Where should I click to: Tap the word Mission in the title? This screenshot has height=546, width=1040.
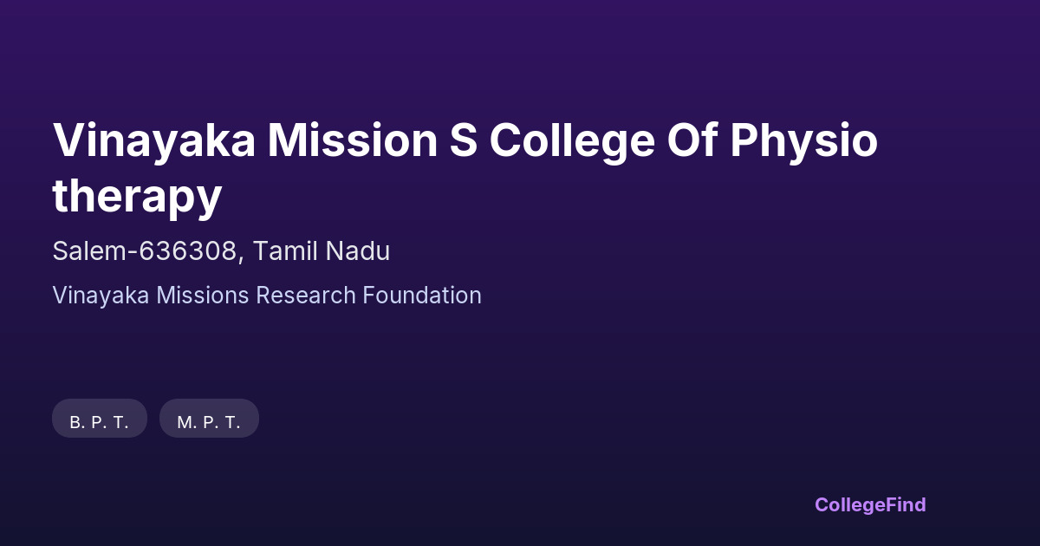pos(353,140)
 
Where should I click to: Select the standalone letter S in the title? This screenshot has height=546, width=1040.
pos(464,140)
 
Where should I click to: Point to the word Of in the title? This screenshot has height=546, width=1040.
pos(692,140)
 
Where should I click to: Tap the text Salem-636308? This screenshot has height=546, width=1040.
pos(145,251)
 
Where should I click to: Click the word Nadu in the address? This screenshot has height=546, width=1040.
pos(357,251)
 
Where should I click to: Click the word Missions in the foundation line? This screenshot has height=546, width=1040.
pos(203,296)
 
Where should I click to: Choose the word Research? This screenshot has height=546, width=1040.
pos(306,296)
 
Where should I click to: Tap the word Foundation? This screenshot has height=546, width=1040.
pos(422,296)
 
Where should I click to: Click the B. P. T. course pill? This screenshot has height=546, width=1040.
pos(100,419)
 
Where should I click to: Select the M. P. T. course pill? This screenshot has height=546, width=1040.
pos(209,419)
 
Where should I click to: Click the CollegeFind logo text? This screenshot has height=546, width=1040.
pos(870,505)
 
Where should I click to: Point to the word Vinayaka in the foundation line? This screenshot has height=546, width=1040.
pos(101,296)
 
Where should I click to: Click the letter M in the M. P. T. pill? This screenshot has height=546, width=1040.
pos(185,423)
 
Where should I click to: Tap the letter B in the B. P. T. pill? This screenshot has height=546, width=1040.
pos(75,423)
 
